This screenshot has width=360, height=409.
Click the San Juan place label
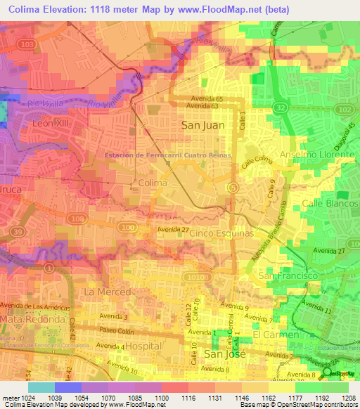(205, 125)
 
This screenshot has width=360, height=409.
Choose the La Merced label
(108, 292)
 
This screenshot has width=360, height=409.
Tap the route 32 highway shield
(280, 108)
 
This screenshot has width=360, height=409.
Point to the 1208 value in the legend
(349, 398)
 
